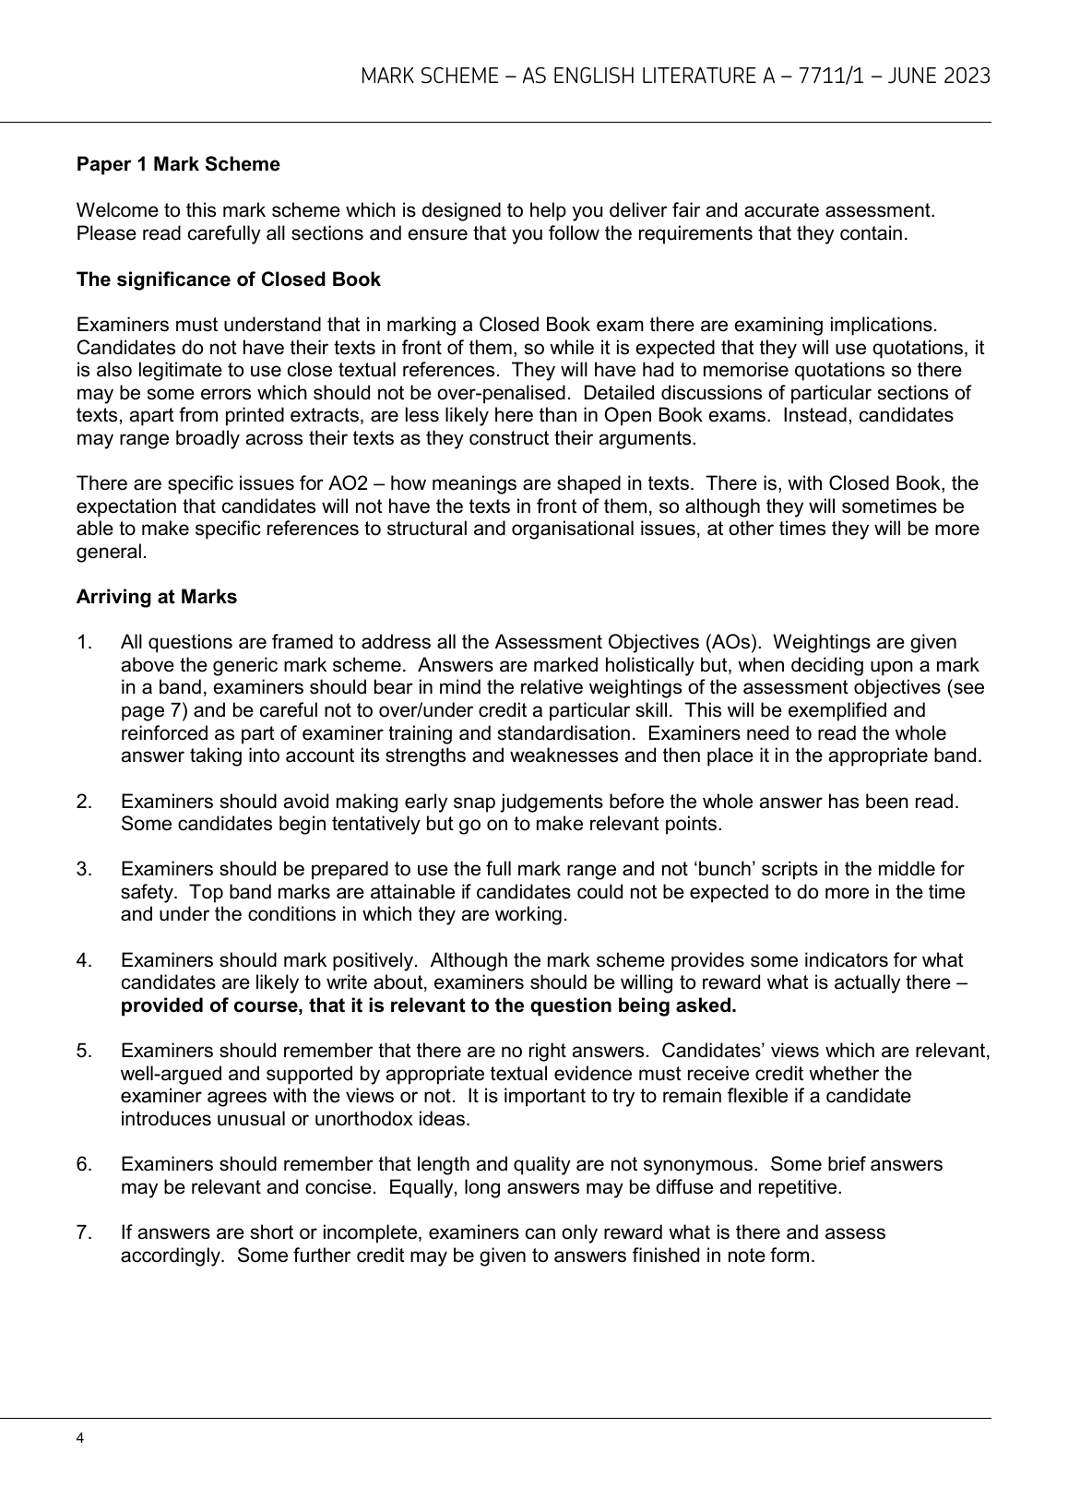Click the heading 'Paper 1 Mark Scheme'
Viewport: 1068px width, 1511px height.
point(178,165)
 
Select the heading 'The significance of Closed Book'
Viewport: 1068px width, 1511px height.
point(228,280)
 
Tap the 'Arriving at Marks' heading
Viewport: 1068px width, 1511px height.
point(157,597)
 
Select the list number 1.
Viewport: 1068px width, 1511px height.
point(83,642)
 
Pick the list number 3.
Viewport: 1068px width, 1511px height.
point(83,869)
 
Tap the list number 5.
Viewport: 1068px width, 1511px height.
point(83,1051)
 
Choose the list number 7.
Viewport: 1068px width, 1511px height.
point(83,1232)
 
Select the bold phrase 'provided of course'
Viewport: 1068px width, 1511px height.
point(208,1005)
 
